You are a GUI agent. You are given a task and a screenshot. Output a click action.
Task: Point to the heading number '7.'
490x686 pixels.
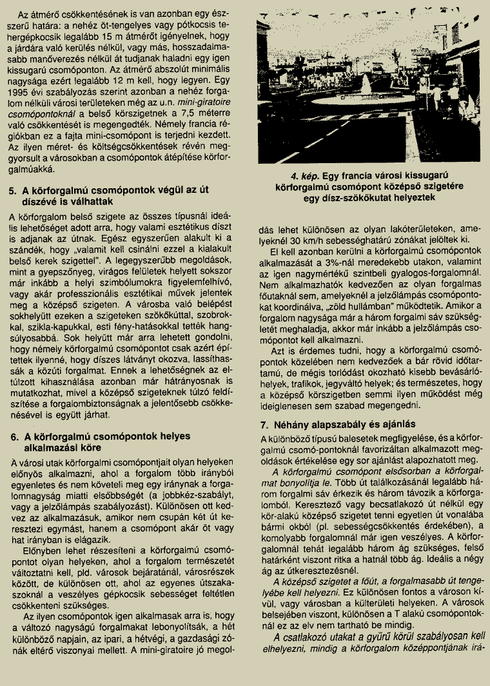[264, 425]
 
